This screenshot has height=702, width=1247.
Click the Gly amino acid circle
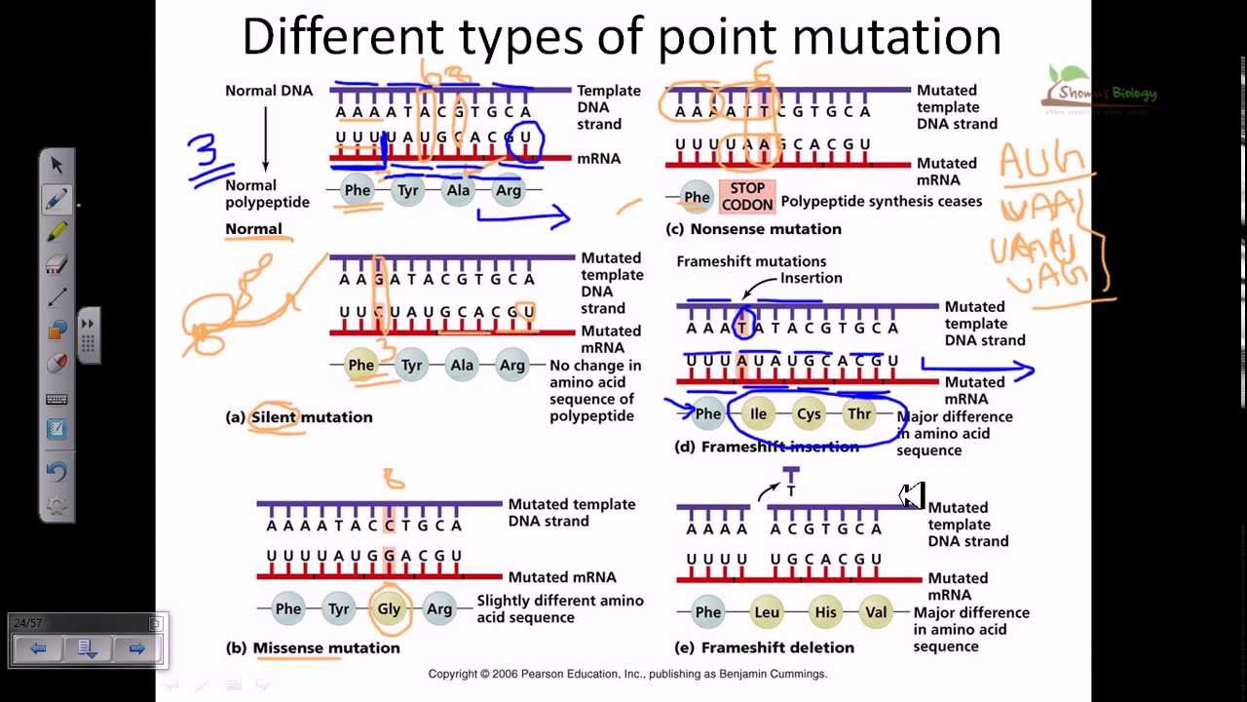tap(389, 609)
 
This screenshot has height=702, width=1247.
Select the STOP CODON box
tap(747, 197)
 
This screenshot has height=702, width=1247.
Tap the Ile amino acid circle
tap(758, 413)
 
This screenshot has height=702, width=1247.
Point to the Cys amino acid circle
tap(809, 413)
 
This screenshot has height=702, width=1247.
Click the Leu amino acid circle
tap(767, 612)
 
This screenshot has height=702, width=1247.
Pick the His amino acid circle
tap(825, 612)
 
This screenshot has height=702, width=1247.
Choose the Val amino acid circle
tap(876, 612)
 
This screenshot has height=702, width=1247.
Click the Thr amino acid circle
tap(859, 413)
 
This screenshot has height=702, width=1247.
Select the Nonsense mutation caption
tap(765, 229)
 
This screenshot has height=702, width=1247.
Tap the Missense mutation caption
tap(325, 647)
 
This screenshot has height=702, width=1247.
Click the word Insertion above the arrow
tap(811, 278)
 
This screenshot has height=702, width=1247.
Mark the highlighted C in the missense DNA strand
tap(390, 526)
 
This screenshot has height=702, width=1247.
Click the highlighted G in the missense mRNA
tap(390, 557)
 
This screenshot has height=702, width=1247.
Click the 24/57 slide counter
tap(28, 622)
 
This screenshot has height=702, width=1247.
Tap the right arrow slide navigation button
tap(136, 648)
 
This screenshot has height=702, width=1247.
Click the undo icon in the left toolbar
tap(57, 472)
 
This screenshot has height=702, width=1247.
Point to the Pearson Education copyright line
tap(627, 674)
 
